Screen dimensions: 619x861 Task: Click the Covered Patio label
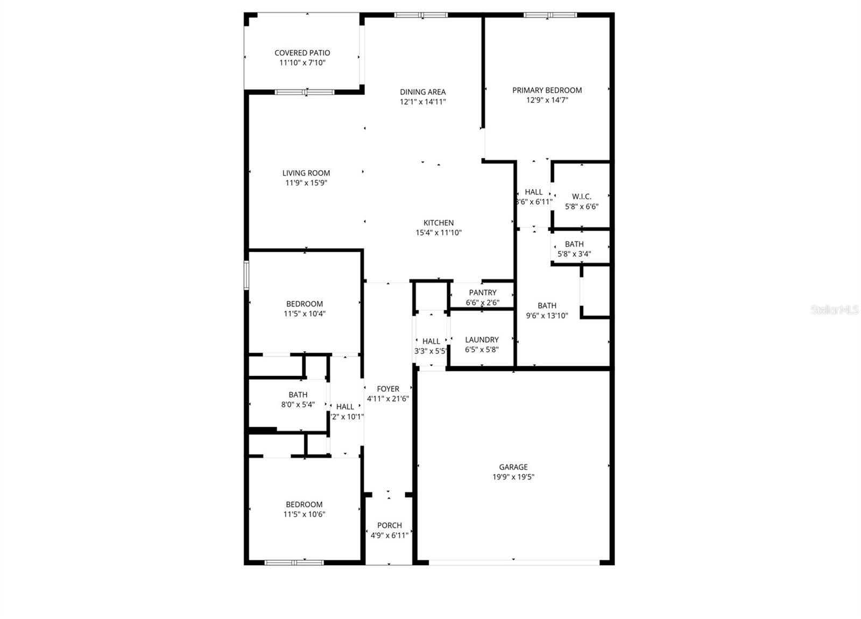click(x=302, y=53)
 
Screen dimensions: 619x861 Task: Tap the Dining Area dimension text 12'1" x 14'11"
click(x=422, y=102)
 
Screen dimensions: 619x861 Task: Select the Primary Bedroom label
click(x=547, y=91)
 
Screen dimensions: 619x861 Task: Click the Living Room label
click(x=306, y=173)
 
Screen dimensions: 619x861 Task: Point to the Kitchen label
click(x=439, y=223)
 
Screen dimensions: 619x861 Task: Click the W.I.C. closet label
click(x=581, y=197)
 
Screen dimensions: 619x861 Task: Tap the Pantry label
click(x=483, y=293)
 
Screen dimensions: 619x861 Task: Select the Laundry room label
click(x=482, y=340)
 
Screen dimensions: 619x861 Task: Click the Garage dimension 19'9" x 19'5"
click(x=513, y=477)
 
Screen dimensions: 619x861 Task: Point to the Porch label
click(x=389, y=525)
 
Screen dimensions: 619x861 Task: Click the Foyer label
click(x=388, y=389)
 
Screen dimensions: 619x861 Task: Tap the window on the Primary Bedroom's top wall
click(x=550, y=15)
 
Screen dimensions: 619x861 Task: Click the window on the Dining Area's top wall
click(x=421, y=15)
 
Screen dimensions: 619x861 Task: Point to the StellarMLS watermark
click(x=835, y=310)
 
